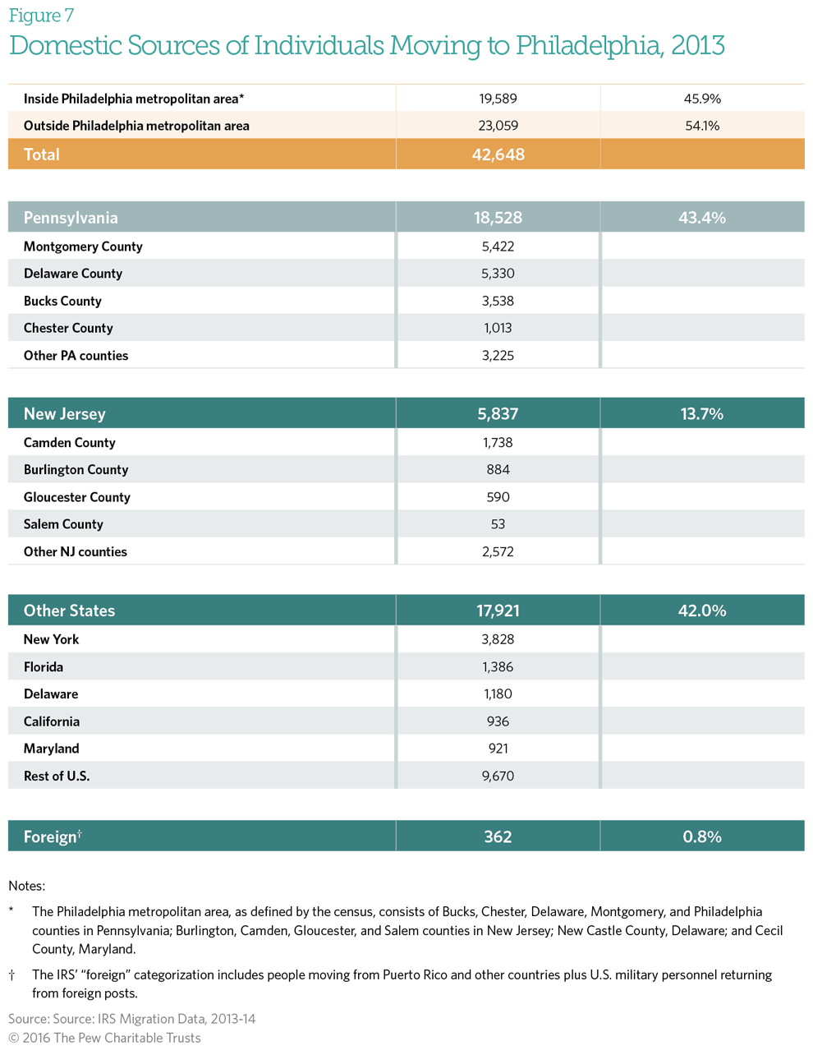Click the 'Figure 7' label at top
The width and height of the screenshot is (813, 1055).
[x=41, y=16]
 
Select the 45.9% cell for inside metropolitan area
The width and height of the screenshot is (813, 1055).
[x=702, y=99]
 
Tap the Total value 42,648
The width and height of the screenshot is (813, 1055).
[x=498, y=154]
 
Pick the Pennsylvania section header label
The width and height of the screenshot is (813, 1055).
[x=71, y=218]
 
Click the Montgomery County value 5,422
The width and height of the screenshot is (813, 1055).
[x=498, y=246]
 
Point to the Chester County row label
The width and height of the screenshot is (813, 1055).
[x=68, y=328]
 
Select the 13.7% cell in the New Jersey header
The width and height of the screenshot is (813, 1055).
[x=702, y=414]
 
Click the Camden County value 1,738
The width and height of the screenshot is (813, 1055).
[x=498, y=443]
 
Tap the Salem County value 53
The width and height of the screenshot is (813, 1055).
[x=498, y=524]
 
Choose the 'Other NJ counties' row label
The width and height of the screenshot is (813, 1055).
[x=76, y=552]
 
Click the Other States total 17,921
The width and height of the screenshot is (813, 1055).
[x=498, y=610]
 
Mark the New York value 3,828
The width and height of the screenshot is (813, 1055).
[x=498, y=639]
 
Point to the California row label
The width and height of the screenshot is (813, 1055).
[x=52, y=721]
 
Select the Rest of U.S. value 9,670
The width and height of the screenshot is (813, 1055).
[x=498, y=776]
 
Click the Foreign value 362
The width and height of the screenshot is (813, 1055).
[x=498, y=836]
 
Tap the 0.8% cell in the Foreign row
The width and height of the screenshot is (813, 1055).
[x=702, y=836]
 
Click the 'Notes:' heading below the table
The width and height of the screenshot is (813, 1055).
[x=26, y=886]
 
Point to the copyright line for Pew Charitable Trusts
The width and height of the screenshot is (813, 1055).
[x=104, y=1038]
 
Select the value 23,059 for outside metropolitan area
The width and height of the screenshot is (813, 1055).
[x=498, y=126]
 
